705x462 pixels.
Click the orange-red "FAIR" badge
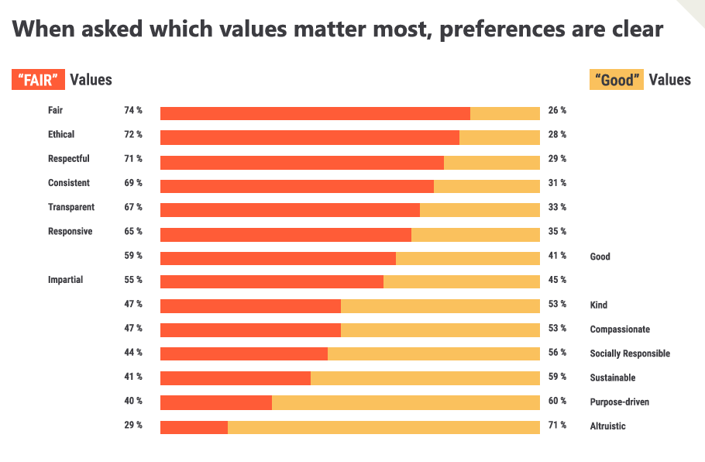[x=38, y=80]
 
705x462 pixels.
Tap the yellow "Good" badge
[x=617, y=80]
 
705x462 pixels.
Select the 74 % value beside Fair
[x=133, y=110]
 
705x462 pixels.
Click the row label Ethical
[x=61, y=134]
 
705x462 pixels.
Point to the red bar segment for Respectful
[x=302, y=162]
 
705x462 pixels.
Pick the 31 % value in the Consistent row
[x=557, y=183]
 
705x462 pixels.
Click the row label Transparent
[x=71, y=207]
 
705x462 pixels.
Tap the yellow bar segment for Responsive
[x=475, y=235]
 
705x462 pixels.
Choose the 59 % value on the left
[x=133, y=255]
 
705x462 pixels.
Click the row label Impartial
[x=65, y=279]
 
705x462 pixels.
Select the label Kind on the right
[x=598, y=305]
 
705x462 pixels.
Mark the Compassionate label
[x=620, y=329]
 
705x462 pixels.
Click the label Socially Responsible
[x=630, y=353]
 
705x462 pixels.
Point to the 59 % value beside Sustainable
[x=557, y=377]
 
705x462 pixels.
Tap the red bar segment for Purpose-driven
[x=216, y=403]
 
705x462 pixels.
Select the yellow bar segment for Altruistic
[x=383, y=427]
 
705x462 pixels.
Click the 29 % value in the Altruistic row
[x=133, y=425]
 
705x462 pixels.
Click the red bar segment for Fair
[x=315, y=113]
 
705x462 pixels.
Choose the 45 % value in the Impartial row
[x=557, y=279]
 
